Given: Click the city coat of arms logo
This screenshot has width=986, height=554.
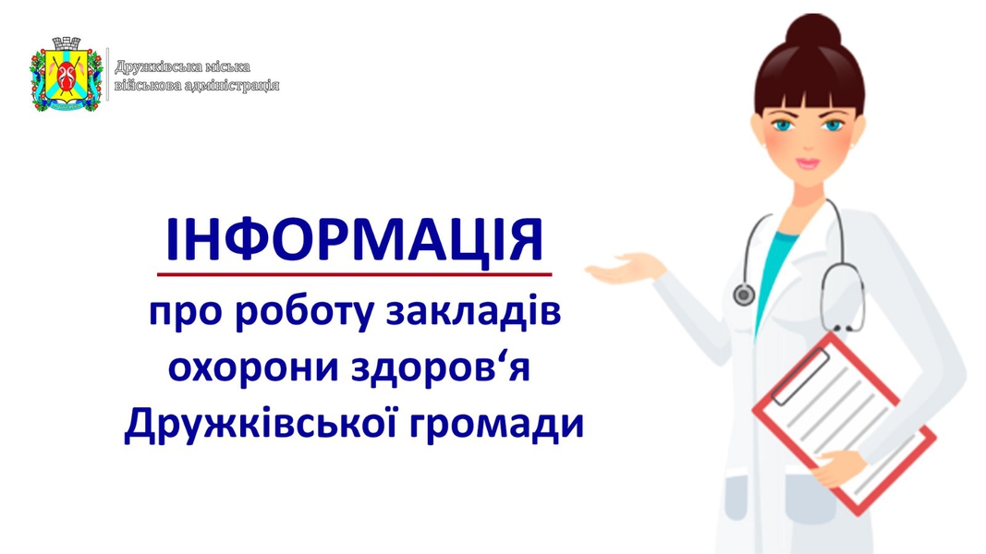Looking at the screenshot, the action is (66, 74).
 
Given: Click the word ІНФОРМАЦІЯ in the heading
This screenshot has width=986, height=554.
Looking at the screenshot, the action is (354, 240).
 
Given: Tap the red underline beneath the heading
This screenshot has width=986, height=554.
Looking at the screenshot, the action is (354, 274).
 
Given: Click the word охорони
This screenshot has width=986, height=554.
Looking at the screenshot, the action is (253, 368).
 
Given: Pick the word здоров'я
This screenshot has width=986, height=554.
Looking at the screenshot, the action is (441, 368).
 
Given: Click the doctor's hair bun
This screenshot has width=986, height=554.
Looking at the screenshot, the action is (813, 31).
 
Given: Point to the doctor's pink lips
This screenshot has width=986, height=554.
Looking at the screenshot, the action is (808, 163).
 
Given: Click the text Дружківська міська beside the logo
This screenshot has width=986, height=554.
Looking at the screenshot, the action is (182, 67).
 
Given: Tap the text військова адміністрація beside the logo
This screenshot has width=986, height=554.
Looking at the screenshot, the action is (197, 86).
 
